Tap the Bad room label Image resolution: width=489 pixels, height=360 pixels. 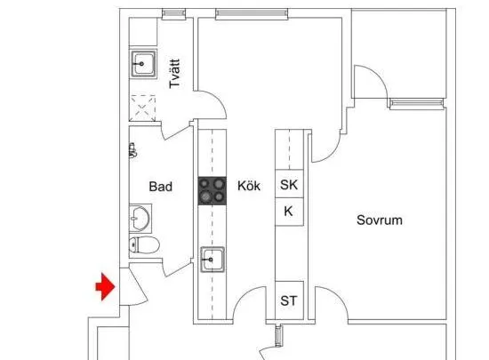pyautogui.click(x=161, y=187)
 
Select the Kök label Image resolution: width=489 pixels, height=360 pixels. pyautogui.click(x=249, y=186)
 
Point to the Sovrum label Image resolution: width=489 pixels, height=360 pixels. pyautogui.click(x=380, y=220)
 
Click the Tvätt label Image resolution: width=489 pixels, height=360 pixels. pyautogui.click(x=174, y=74)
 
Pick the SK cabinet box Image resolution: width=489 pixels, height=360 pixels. pyautogui.click(x=289, y=184)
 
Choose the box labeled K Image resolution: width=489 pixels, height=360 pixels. pyautogui.click(x=289, y=212)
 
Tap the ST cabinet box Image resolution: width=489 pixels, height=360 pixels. pyautogui.click(x=289, y=300)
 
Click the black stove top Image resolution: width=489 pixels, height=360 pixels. pyautogui.click(x=212, y=191)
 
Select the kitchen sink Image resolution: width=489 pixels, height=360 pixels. pyautogui.click(x=212, y=260)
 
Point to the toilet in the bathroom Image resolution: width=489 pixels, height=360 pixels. pyautogui.click(x=144, y=244)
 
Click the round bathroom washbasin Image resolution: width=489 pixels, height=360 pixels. pyautogui.click(x=140, y=219)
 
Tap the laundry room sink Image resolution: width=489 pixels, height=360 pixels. pyautogui.click(x=143, y=64)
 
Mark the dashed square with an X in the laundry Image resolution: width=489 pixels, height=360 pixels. pyautogui.click(x=142, y=108)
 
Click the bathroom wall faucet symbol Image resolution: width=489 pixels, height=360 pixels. pyautogui.click(x=132, y=150)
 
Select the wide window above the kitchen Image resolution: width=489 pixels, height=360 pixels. pyautogui.click(x=252, y=13)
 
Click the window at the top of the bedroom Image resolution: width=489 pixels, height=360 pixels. pyautogui.click(x=417, y=103)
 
